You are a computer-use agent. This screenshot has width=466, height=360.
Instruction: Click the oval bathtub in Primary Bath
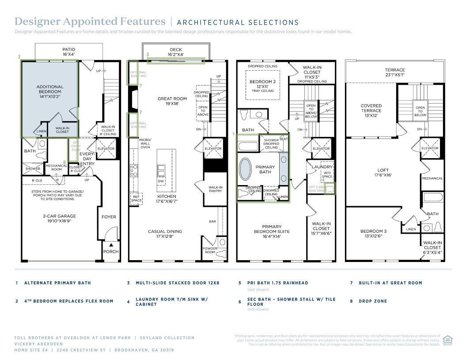pos(245,169)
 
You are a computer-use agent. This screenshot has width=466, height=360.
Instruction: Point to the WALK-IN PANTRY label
pos(216,189)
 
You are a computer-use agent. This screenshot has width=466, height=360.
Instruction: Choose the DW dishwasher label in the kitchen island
pos(161,181)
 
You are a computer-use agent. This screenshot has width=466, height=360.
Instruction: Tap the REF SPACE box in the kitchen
pos(136,198)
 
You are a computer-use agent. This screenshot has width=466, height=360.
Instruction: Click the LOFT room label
pos(383,172)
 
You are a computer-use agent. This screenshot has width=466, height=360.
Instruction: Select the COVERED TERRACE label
pos(371,110)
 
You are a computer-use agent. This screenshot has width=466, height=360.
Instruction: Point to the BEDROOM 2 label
pos(262,84)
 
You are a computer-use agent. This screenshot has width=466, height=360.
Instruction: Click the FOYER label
pos(109,217)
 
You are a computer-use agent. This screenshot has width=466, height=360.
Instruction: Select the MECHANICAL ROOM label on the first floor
pos(57,167)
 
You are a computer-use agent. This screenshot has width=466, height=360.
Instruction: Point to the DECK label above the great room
pos(176,49)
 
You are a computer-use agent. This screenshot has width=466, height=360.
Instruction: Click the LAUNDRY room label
pos(322,167)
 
